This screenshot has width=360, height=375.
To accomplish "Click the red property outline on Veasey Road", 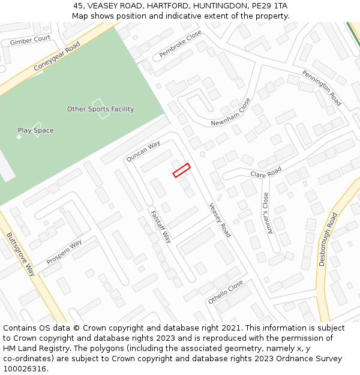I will pyautogui.click(x=182, y=170).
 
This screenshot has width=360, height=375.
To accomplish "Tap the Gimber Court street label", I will pyautogui.click(x=30, y=40).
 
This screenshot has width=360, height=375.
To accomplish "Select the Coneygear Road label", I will pyautogui.click(x=57, y=56).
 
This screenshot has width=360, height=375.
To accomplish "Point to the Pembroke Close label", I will pyautogui.click(x=181, y=45).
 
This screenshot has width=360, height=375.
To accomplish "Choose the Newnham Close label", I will pyautogui.click(x=230, y=113).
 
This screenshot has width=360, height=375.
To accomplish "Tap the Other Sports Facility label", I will pyautogui.click(x=100, y=109).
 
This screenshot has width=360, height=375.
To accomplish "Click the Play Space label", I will pyautogui.click(x=35, y=130).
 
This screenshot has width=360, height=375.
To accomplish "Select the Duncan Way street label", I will pyautogui.click(x=143, y=151).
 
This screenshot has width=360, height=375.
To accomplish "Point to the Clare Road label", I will pyautogui.click(x=266, y=173).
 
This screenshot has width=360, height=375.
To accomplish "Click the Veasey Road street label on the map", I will pyautogui.click(x=220, y=220).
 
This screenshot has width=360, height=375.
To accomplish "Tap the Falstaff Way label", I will pyautogui.click(x=161, y=226).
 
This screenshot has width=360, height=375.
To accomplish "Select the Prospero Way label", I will pyautogui.click(x=64, y=253).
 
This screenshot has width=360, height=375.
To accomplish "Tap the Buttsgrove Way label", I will pyautogui.click(x=21, y=254).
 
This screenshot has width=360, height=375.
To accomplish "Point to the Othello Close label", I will pyautogui.click(x=226, y=292).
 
